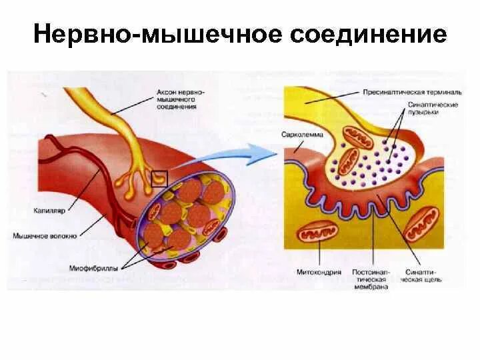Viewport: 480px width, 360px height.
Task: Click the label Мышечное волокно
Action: [45, 235]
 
